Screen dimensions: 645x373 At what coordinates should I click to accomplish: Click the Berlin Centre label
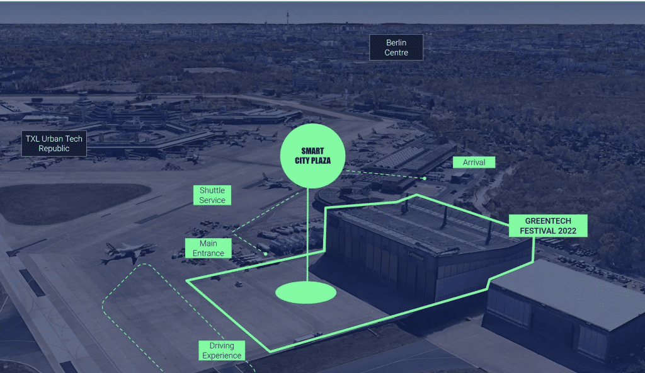click(x=396, y=47)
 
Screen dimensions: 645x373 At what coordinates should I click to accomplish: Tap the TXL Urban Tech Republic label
click(x=54, y=143)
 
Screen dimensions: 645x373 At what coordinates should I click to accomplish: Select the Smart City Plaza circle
click(x=312, y=156)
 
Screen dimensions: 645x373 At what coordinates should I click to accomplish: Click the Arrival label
click(x=474, y=162)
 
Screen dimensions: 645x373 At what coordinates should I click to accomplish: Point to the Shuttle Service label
click(x=212, y=195)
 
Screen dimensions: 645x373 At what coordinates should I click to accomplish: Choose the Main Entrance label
click(x=208, y=248)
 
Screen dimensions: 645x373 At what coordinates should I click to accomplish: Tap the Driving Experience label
click(x=222, y=350)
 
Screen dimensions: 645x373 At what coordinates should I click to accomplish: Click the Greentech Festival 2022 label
click(x=548, y=226)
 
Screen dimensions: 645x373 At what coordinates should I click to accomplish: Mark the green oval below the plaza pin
click(x=305, y=292)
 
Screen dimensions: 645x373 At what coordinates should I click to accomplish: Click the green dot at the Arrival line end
click(x=424, y=178)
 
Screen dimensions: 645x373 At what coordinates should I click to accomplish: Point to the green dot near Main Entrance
click(x=266, y=254)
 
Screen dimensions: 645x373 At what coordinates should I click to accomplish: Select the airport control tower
click(x=84, y=104)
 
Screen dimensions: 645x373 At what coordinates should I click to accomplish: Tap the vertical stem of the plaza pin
click(x=307, y=235)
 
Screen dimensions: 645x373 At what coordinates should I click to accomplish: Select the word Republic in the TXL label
click(x=54, y=148)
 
